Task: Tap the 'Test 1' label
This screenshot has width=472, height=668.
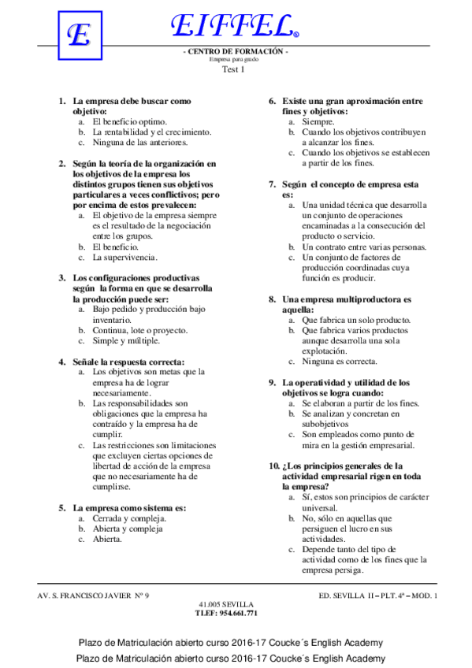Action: tap(234, 70)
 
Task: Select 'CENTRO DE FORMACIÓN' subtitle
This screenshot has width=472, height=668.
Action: tap(235, 51)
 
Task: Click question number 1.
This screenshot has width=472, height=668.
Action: tap(62, 102)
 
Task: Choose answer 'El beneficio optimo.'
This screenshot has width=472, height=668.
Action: tap(129, 122)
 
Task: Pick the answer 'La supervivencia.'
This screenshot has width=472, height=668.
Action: tap(125, 257)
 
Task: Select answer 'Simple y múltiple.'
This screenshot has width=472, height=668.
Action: tap(126, 341)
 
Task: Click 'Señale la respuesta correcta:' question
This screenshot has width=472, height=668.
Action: tap(128, 362)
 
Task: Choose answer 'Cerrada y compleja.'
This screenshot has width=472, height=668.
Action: tap(129, 519)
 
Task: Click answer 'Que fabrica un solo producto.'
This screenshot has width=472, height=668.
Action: tap(356, 320)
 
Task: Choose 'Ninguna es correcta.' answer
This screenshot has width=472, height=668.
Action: tap(340, 362)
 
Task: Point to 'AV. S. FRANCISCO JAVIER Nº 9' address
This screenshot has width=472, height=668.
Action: tap(93, 595)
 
